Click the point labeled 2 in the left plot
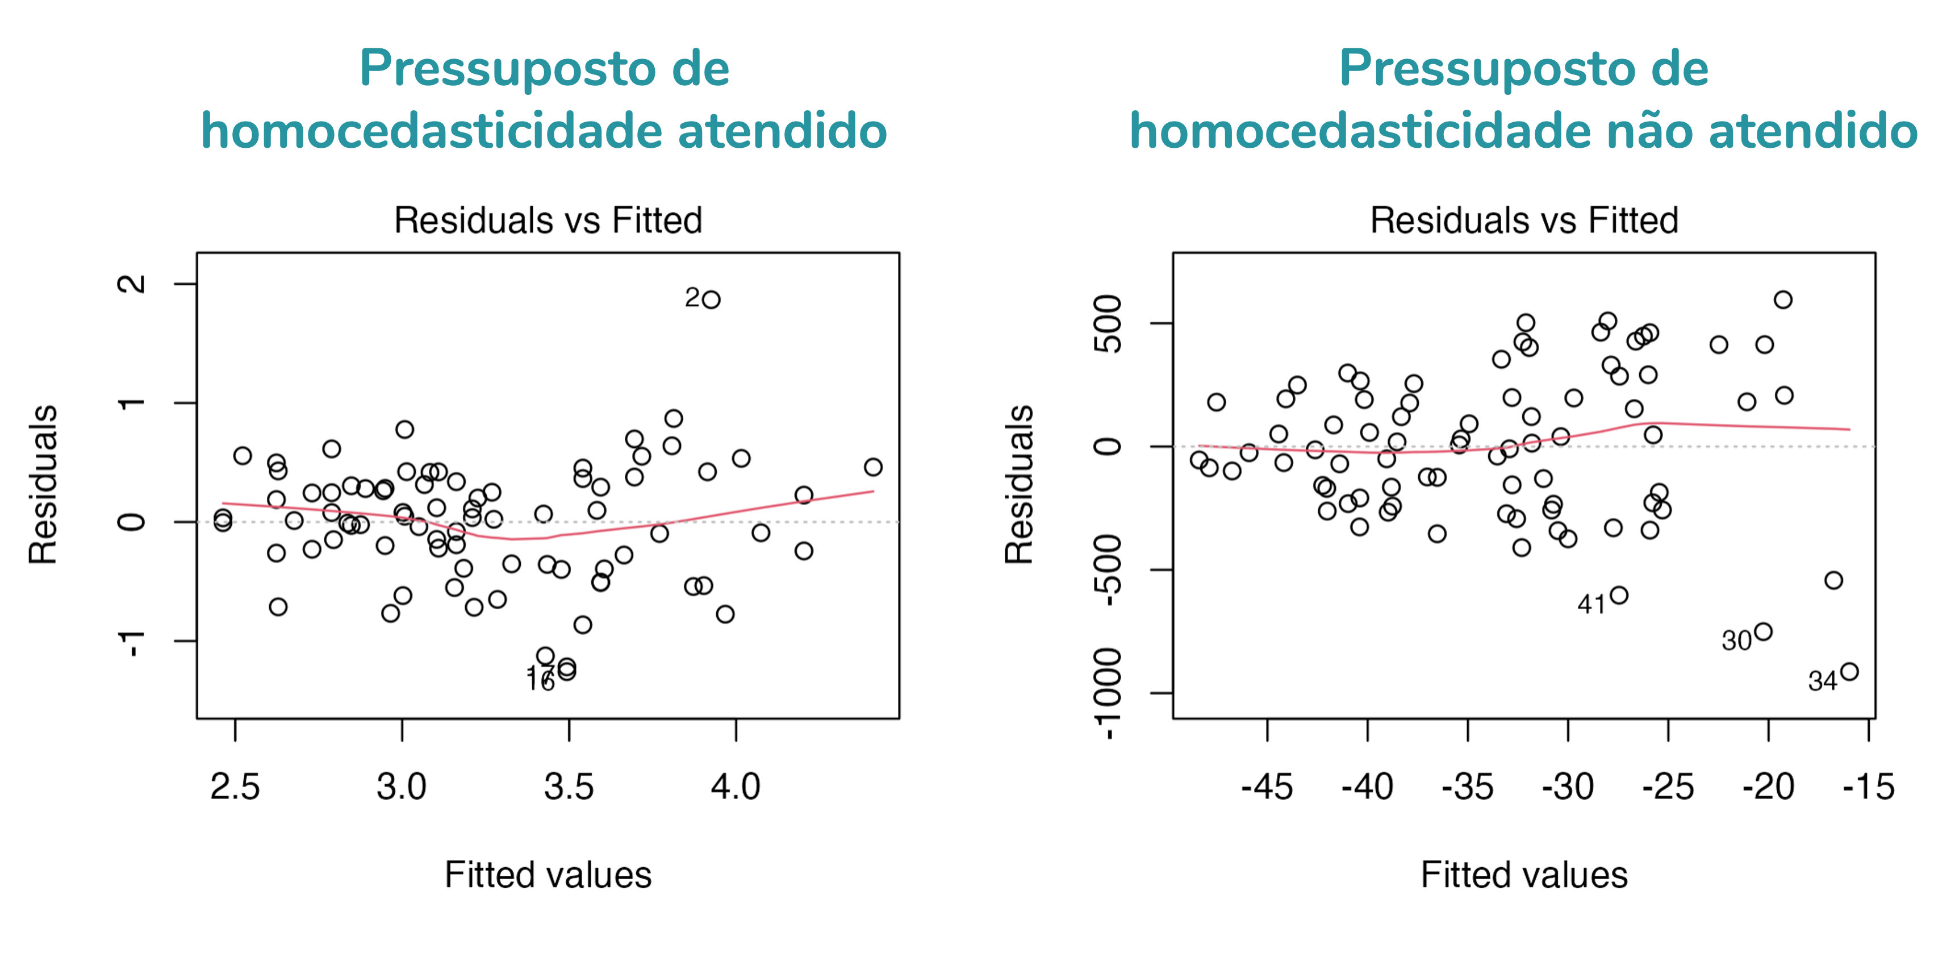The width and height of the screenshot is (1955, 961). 711,300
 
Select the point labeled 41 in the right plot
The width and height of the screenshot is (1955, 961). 1619,595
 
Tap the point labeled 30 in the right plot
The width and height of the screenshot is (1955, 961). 1763,631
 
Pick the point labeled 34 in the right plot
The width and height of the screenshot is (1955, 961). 1849,672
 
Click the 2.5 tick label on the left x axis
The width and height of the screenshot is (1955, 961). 235,787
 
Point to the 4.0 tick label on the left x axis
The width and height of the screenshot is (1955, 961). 736,787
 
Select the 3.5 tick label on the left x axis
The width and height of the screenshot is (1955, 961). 569,787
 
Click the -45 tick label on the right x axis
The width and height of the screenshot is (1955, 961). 1267,787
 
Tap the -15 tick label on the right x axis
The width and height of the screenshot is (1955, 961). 1869,787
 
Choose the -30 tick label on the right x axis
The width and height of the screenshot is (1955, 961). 1568,787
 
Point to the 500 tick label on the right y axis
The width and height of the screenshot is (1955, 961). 1109,324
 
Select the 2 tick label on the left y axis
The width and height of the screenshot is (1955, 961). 132,284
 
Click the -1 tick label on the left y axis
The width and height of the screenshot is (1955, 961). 132,642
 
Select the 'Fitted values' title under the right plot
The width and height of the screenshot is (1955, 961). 1524,875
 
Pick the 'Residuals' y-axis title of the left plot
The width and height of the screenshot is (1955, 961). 43,484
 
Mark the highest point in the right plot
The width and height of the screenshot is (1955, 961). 1783,300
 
